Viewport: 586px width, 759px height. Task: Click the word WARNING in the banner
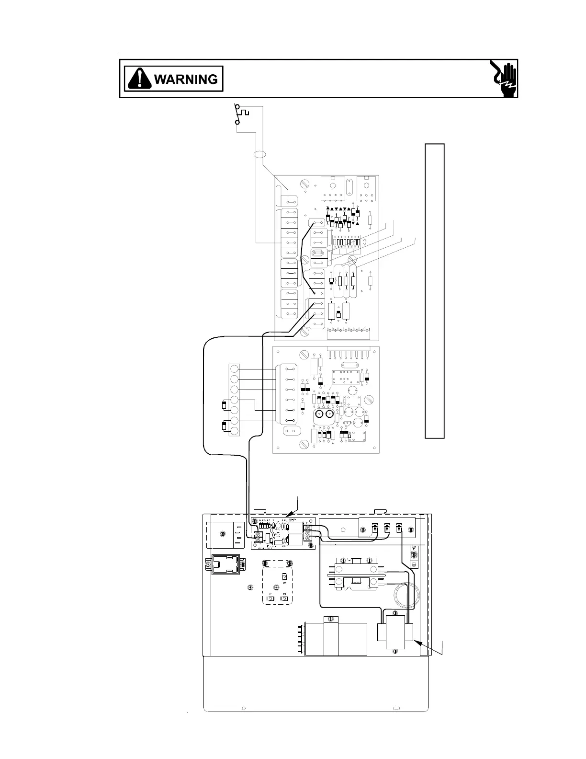click(185, 79)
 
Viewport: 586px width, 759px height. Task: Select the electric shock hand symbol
click(504, 78)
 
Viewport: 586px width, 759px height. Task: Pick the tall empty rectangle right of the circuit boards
click(435, 291)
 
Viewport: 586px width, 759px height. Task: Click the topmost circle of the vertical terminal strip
click(234, 369)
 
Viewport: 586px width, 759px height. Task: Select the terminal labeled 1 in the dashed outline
click(270, 599)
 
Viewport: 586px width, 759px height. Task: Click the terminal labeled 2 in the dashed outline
click(284, 599)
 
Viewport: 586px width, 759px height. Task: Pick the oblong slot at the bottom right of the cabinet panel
click(396, 707)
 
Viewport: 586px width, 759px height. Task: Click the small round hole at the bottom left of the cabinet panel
click(244, 708)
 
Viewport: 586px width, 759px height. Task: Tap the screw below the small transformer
click(394, 651)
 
